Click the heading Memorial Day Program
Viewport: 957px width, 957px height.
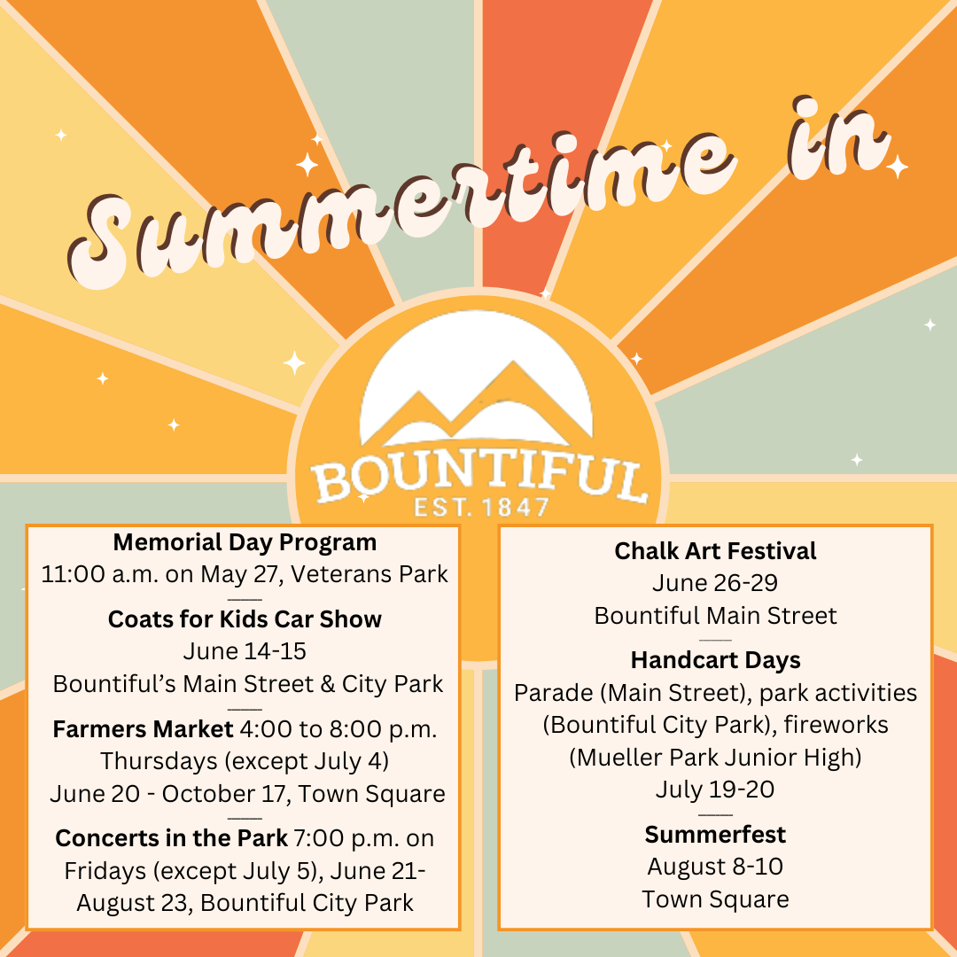click(x=245, y=541)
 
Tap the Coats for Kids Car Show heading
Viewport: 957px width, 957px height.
click(x=245, y=619)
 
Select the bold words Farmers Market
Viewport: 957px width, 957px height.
click(x=142, y=729)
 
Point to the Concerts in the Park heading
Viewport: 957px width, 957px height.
click(x=171, y=837)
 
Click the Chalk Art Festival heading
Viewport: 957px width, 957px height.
click(x=715, y=551)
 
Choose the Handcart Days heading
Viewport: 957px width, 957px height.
click(x=715, y=660)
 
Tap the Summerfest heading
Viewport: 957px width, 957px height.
click(x=715, y=834)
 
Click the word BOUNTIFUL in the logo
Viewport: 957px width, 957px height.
click(x=479, y=479)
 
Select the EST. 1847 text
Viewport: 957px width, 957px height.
click(x=480, y=509)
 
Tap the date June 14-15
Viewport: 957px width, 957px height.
click(x=245, y=651)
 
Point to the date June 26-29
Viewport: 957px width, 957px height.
click(x=715, y=583)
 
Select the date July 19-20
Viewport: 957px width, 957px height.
click(x=715, y=789)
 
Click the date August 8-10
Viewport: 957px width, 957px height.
click(x=715, y=867)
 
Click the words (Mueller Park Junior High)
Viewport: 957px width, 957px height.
click(x=715, y=757)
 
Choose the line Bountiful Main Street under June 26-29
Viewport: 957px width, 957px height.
click(x=715, y=615)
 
